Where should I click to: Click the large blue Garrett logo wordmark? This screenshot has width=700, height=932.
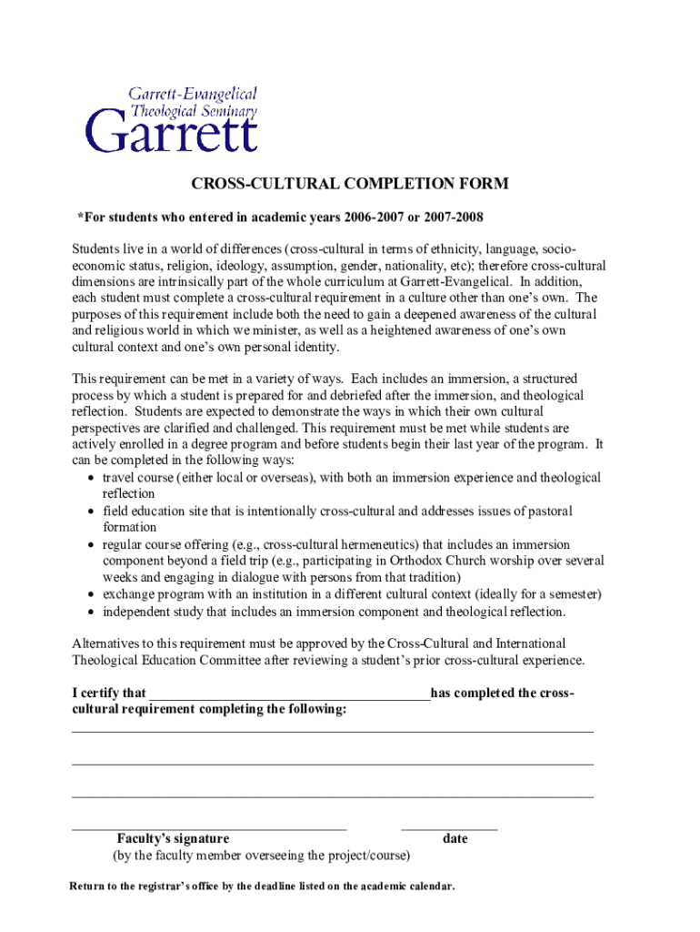(x=172, y=134)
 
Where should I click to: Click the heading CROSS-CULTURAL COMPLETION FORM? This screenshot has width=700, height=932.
(x=349, y=184)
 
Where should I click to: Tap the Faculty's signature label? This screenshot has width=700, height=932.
(x=173, y=838)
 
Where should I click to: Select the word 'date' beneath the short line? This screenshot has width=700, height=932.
(x=455, y=838)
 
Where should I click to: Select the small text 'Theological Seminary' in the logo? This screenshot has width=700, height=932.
(x=194, y=110)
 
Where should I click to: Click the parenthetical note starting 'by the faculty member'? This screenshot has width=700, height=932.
(x=261, y=856)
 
